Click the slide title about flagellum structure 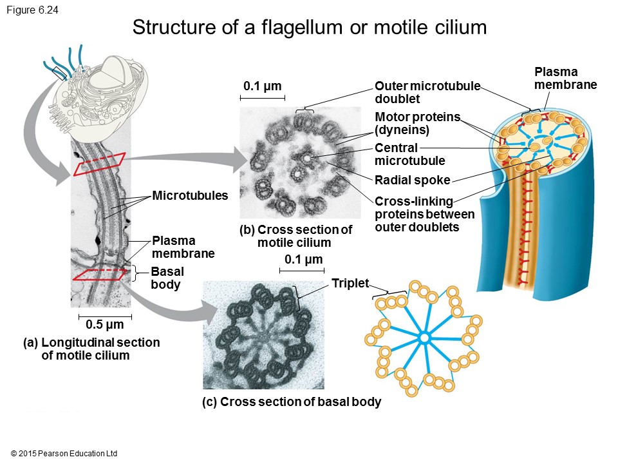pyautogui.click(x=309, y=28)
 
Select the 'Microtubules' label pyautogui.click(x=190, y=195)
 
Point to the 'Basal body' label pyautogui.click(x=167, y=278)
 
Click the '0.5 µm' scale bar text pyautogui.click(x=105, y=325)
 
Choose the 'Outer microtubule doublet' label pyautogui.click(x=427, y=93)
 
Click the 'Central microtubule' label pyautogui.click(x=409, y=154)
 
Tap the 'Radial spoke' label pyautogui.click(x=412, y=180)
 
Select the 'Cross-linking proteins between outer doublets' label pyautogui.click(x=424, y=214)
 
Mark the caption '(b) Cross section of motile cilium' pyautogui.click(x=295, y=236)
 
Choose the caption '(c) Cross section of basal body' pyautogui.click(x=292, y=401)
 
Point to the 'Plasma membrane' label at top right pyautogui.click(x=565, y=78)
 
